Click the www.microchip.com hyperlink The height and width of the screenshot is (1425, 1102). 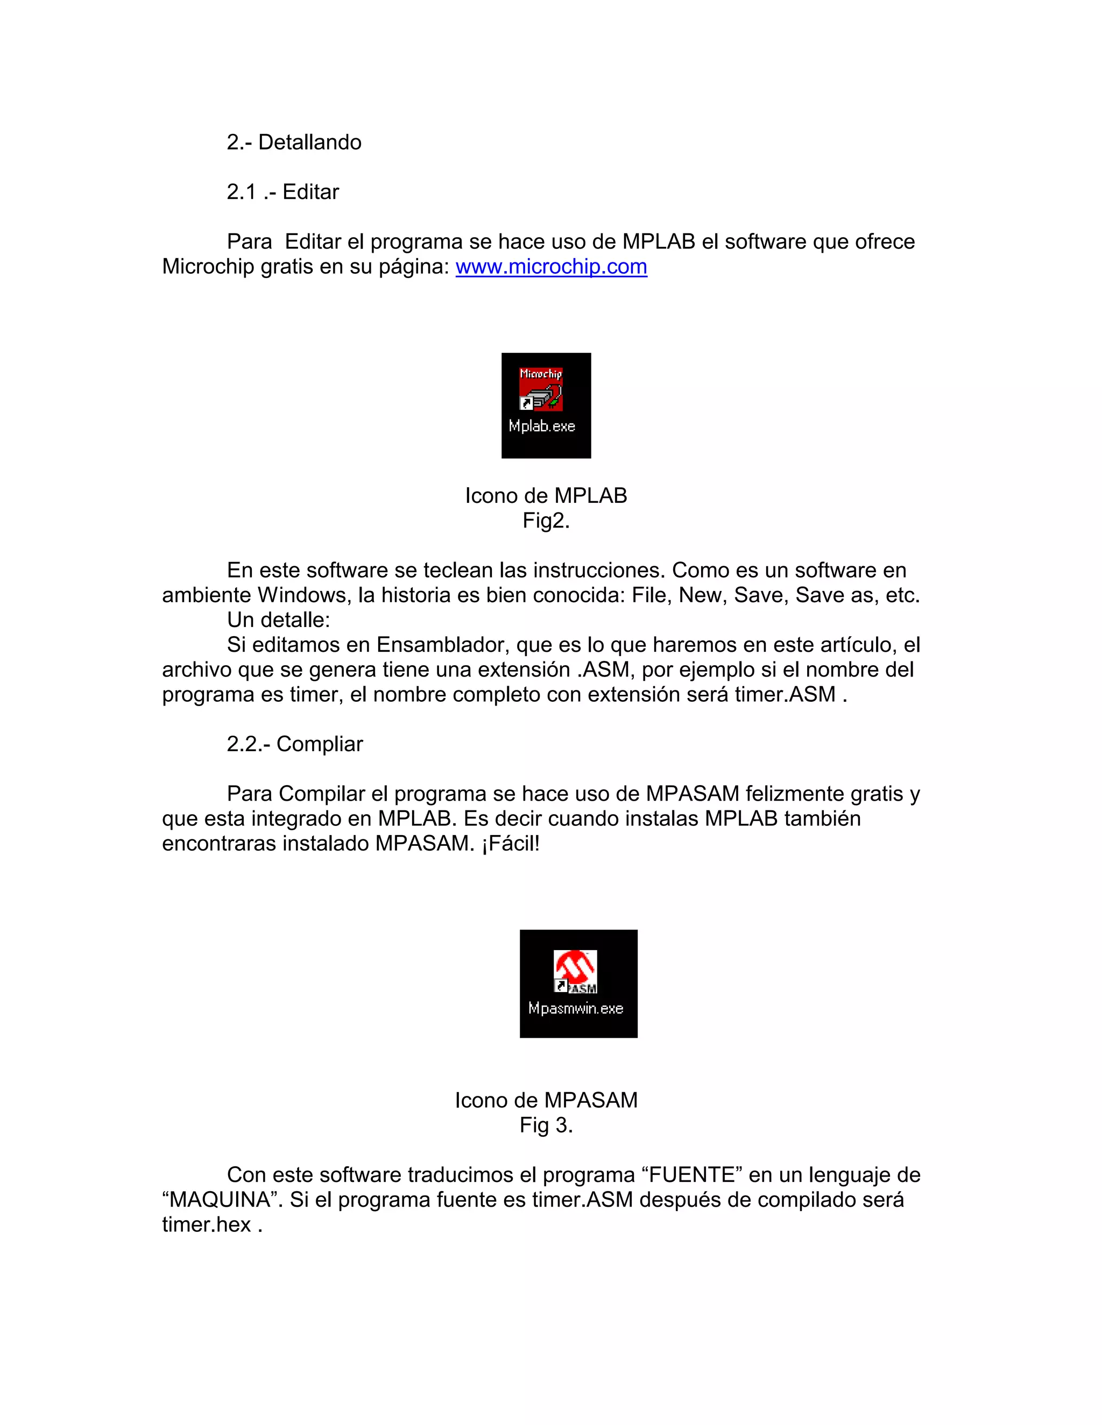pyautogui.click(x=551, y=267)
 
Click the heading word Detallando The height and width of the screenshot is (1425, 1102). pyautogui.click(x=309, y=142)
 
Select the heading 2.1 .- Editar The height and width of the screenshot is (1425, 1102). pyautogui.click(x=282, y=192)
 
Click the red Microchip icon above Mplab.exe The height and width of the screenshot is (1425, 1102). pyautogui.click(x=541, y=389)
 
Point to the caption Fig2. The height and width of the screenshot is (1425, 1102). pyautogui.click(x=546, y=521)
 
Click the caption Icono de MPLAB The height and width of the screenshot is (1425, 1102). pyautogui.click(x=546, y=496)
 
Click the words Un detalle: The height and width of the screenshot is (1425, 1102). pyautogui.click(x=278, y=620)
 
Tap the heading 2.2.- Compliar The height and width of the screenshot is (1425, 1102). pyautogui.click(x=294, y=744)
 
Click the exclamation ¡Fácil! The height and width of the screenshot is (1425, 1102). pyautogui.click(x=511, y=844)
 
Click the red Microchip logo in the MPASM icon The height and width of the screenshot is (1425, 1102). pyautogui.click(x=575, y=968)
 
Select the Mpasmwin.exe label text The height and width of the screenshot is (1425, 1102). pyautogui.click(x=575, y=1009)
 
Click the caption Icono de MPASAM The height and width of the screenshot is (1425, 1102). pyautogui.click(x=546, y=1100)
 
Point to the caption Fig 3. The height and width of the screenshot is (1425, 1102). pyautogui.click(x=546, y=1125)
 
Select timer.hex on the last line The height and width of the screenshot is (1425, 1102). pyautogui.click(x=206, y=1224)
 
